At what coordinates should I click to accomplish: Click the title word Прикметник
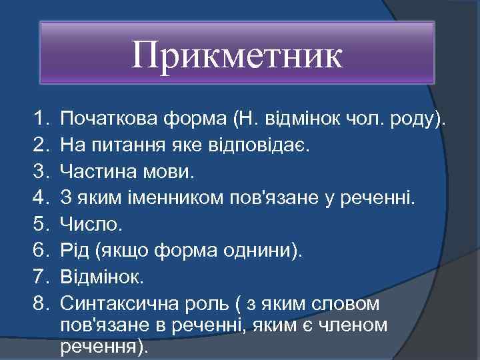click(x=237, y=55)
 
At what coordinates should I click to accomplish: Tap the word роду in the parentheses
click(x=417, y=121)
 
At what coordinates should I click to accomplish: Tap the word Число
click(x=91, y=225)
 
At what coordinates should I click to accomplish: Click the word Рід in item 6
click(x=75, y=251)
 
